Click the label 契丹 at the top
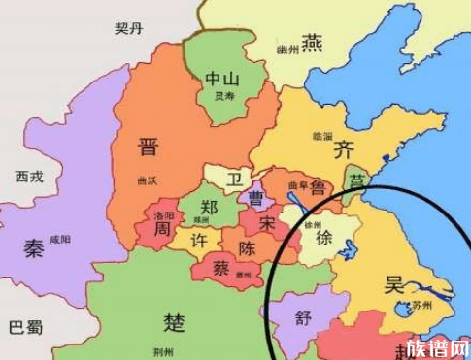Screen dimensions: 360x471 tap(129, 28)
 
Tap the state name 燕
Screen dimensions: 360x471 tap(312, 43)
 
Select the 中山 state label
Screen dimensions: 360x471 tap(225, 79)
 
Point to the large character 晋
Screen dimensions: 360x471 tap(148, 147)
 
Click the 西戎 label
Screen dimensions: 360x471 tap(29, 177)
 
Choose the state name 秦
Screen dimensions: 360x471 tap(34, 248)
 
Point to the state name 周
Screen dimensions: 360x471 tap(163, 228)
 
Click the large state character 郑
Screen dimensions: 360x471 tap(209, 207)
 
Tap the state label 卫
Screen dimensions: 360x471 tap(235, 179)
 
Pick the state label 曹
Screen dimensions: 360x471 tap(256, 198)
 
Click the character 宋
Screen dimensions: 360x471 tap(267, 224)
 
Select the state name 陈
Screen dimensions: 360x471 tap(248, 248)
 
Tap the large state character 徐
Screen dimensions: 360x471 tap(325, 239)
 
